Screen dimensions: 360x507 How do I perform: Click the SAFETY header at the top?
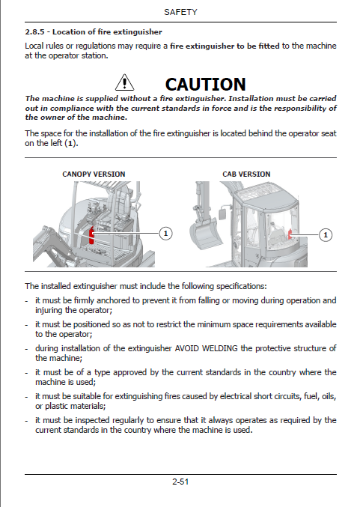[x=180, y=12]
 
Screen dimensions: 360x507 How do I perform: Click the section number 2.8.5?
[x=34, y=31]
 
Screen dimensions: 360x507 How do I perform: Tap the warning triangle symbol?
[x=124, y=82]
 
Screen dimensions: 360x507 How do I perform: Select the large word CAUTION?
[x=206, y=85]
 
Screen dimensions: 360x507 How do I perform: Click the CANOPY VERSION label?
[x=94, y=174]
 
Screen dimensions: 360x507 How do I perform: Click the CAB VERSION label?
[x=246, y=174]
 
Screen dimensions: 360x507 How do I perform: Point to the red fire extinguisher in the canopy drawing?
[x=92, y=235]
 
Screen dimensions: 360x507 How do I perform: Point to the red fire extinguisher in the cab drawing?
[x=290, y=234]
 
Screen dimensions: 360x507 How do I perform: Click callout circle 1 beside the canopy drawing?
[x=166, y=234]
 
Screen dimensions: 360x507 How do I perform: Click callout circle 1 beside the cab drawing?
[x=326, y=235]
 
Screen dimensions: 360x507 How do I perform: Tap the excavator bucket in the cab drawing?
[x=205, y=232]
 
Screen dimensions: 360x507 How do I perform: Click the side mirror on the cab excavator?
[x=222, y=213]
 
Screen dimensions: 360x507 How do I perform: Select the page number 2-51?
[x=180, y=482]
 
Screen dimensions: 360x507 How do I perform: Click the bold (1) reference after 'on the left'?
[x=71, y=143]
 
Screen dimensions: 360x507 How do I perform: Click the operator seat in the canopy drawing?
[x=119, y=207]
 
